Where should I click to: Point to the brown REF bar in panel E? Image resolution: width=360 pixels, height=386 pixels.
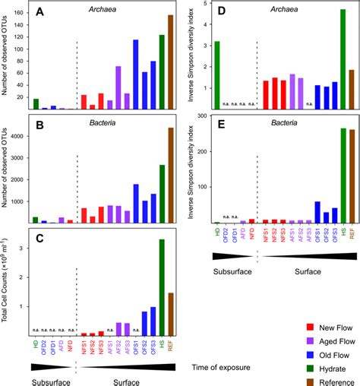point(351,176)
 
